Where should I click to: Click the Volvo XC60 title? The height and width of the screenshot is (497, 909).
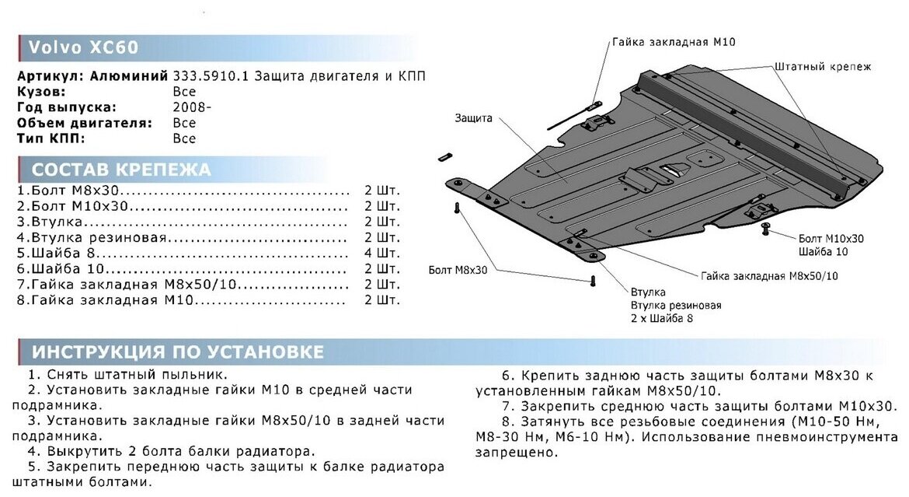(83, 47)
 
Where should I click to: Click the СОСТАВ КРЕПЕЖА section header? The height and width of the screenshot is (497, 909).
(121, 170)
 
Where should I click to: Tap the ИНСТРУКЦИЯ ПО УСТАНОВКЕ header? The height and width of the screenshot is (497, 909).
(178, 352)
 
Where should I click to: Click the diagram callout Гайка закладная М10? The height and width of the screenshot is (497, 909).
(673, 42)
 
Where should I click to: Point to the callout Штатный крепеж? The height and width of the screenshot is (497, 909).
(822, 67)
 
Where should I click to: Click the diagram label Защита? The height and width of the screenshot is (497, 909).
(474, 118)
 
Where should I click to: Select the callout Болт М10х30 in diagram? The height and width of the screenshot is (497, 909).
(831, 239)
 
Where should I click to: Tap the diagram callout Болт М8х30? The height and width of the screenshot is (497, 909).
(458, 270)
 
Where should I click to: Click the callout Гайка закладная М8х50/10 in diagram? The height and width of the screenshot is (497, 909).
(769, 276)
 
